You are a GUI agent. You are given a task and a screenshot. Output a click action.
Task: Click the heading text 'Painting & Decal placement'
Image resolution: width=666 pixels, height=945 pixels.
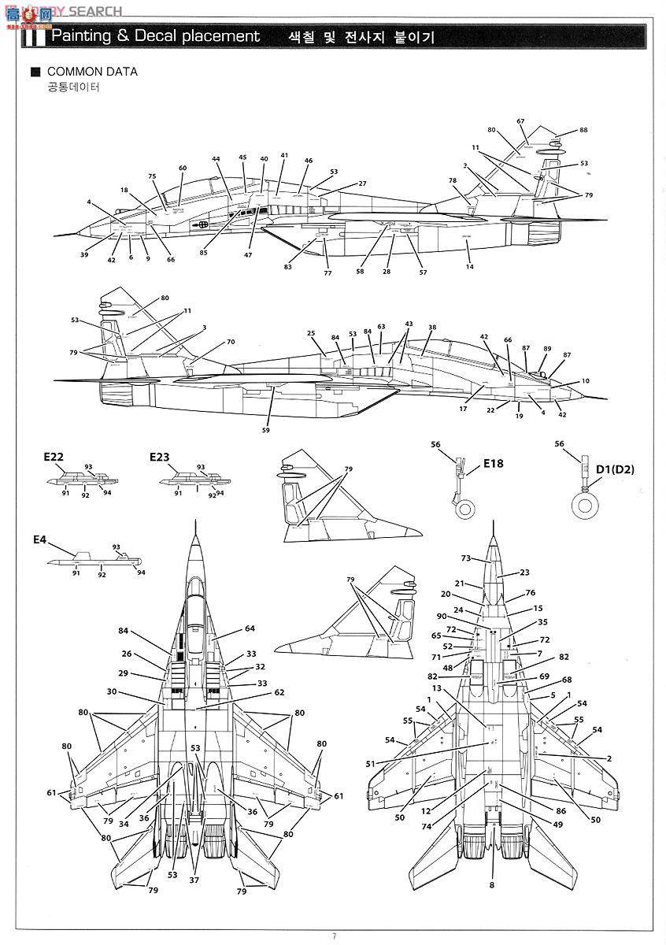point(155,36)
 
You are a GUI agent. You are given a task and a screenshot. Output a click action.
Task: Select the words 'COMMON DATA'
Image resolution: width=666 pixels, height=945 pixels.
point(93,72)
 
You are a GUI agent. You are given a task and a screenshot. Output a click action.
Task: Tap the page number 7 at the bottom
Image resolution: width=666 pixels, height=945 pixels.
point(334,936)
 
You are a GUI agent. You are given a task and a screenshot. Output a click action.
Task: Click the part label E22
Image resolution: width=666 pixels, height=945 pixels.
point(54,457)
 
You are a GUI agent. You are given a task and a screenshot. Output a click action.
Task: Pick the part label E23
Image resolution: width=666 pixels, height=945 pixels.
point(160,457)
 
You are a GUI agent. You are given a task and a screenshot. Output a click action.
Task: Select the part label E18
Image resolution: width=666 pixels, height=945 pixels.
point(493,463)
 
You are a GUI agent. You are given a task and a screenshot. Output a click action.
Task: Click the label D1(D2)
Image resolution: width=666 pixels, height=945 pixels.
point(615,470)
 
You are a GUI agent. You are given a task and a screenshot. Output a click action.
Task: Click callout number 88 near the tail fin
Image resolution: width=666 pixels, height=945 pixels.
point(583,131)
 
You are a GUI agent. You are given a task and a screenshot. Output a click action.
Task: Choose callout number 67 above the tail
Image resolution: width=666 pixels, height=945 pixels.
point(520,121)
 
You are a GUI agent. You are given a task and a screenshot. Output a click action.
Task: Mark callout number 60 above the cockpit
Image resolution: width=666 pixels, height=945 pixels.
point(183,168)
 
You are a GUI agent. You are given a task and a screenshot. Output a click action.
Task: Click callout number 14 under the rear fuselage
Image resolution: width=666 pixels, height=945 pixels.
point(470,267)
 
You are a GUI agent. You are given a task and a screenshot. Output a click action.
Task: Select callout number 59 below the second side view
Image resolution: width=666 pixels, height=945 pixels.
point(266,430)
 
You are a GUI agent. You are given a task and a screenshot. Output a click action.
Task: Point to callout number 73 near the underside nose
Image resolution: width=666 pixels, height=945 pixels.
point(465,558)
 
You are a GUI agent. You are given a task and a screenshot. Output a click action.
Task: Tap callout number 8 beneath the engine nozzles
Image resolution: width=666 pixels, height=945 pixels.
point(491,885)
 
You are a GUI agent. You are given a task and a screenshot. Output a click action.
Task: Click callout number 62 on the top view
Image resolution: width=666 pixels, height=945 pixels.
point(279,692)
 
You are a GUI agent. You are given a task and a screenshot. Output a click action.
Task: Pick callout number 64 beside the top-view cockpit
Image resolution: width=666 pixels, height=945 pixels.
point(250,628)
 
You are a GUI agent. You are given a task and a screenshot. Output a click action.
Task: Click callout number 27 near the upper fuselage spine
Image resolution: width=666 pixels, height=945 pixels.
point(362,183)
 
